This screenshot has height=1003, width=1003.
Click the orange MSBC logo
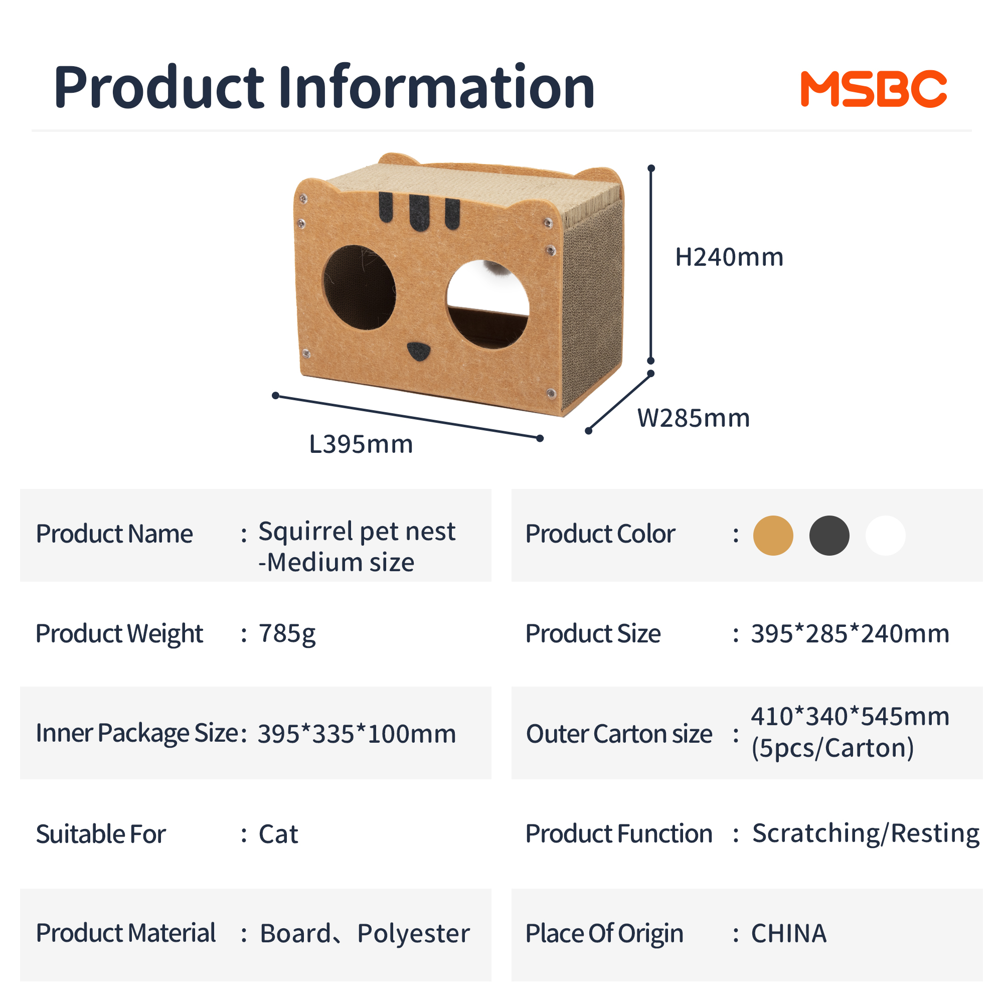pyautogui.click(x=874, y=89)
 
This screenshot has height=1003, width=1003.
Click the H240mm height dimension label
pyautogui.click(x=729, y=257)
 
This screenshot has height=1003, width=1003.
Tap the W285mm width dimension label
pyautogui.click(x=694, y=418)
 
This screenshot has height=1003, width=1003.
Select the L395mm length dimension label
pyautogui.click(x=361, y=444)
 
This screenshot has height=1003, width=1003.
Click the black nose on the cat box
pyautogui.click(x=418, y=352)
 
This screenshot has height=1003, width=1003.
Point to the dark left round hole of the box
pyautogui.click(x=359, y=287)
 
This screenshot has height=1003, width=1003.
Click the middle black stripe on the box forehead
pyautogui.click(x=419, y=212)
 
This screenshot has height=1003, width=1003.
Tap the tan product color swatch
pyautogui.click(x=773, y=535)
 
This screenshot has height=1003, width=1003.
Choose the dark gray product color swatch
pyautogui.click(x=829, y=535)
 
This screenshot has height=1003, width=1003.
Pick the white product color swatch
pyautogui.click(x=885, y=535)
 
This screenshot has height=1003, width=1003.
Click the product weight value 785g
pyautogui.click(x=287, y=634)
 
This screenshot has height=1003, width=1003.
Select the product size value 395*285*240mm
pyautogui.click(x=850, y=633)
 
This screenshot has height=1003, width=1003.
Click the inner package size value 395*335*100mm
pyautogui.click(x=357, y=734)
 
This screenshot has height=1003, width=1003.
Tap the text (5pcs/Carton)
pyautogui.click(x=832, y=748)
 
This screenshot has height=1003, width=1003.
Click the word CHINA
pyautogui.click(x=788, y=933)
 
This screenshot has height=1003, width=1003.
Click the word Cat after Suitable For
pyautogui.click(x=278, y=834)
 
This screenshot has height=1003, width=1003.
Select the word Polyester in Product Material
pyautogui.click(x=413, y=933)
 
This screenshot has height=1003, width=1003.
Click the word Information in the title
pyautogui.click(x=436, y=86)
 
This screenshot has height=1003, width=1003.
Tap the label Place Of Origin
pyautogui.click(x=604, y=933)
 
